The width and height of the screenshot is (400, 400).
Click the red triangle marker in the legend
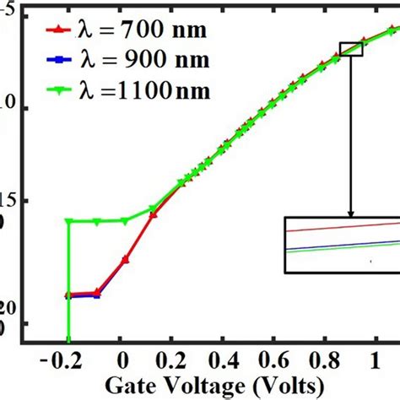pos(57,33)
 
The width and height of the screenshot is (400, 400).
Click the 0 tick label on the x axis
pos(123,360)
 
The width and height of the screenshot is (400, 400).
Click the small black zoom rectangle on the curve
pos(350,49)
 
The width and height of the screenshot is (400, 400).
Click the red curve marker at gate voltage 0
pos(126,259)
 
